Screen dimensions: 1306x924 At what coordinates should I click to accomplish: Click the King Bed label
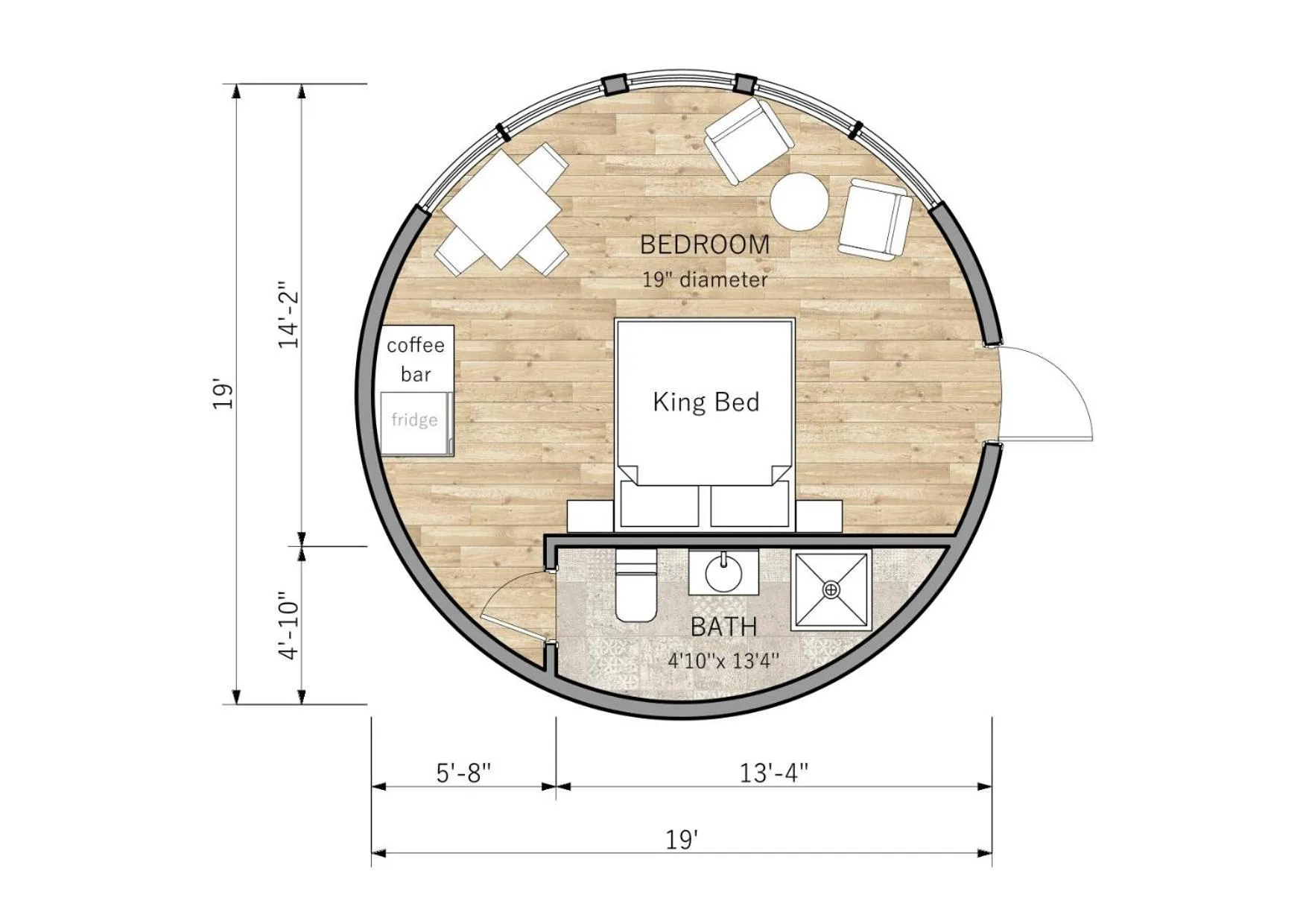(706, 402)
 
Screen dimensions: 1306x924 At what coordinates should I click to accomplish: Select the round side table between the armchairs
(799, 201)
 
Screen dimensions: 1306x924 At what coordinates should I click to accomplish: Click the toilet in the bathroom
(635, 586)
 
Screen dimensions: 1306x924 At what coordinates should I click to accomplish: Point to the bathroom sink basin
(723, 572)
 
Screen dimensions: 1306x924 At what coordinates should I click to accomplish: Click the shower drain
(831, 590)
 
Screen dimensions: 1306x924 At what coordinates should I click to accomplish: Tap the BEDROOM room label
(705, 244)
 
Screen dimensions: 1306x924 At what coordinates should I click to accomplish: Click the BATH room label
(723, 627)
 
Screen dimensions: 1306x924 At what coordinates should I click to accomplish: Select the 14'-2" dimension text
(288, 314)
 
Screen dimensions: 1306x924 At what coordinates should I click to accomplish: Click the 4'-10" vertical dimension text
(288, 626)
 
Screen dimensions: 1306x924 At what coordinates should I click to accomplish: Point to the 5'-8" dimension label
(463, 773)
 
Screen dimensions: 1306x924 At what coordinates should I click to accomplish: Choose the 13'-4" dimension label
(774, 773)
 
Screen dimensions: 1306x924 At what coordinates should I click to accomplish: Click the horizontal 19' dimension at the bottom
(682, 840)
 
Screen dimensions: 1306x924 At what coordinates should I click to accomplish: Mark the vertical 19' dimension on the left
(224, 394)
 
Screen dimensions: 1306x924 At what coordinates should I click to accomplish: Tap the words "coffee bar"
(416, 359)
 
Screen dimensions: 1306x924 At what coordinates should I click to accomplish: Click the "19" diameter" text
(705, 280)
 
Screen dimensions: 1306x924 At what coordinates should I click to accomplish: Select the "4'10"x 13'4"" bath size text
(723, 661)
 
